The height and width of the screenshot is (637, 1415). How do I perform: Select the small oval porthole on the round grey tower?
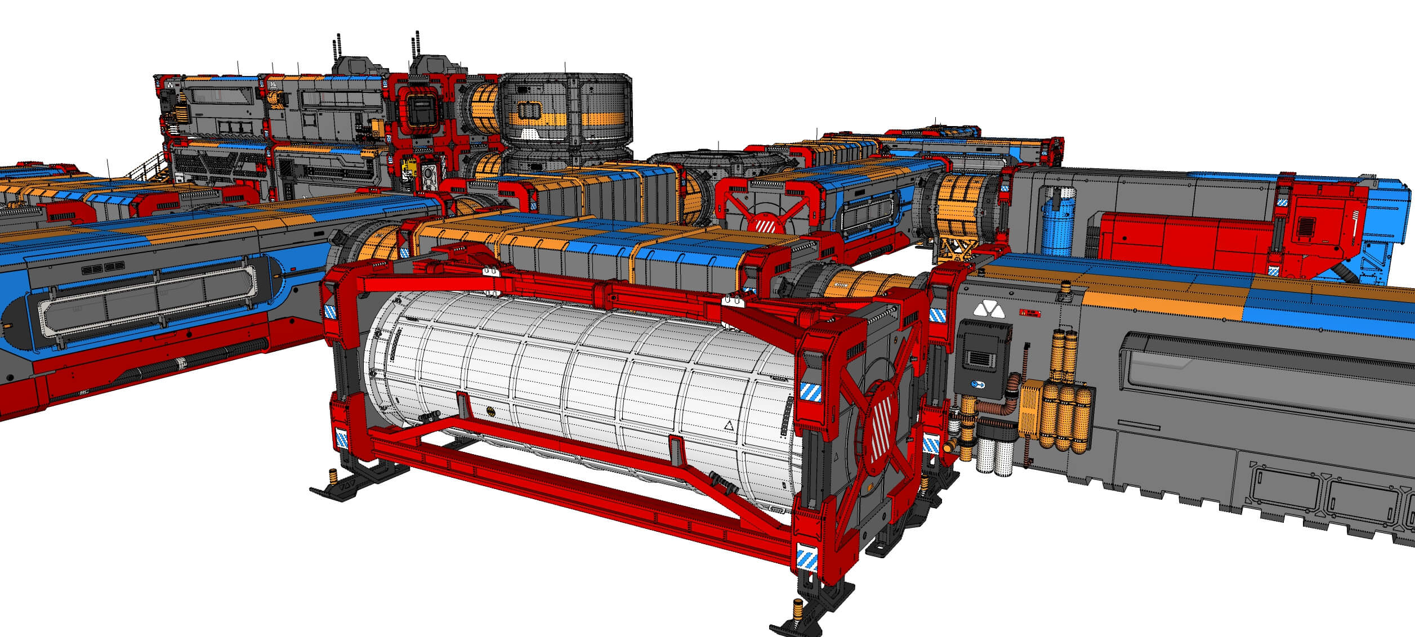[x=528, y=110]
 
